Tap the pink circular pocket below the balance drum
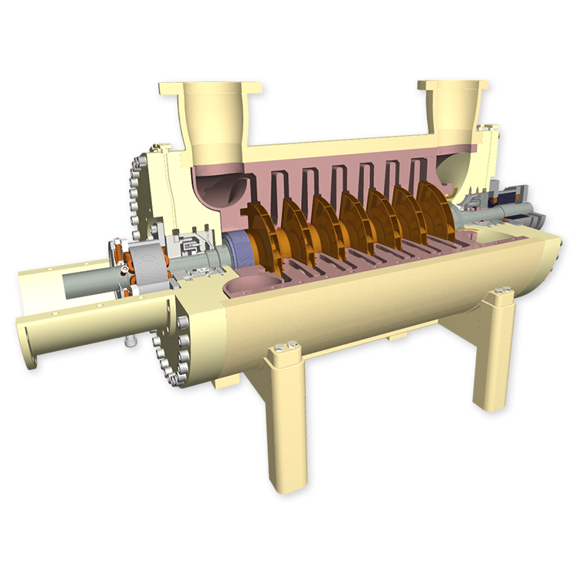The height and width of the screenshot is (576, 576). [246, 288]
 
